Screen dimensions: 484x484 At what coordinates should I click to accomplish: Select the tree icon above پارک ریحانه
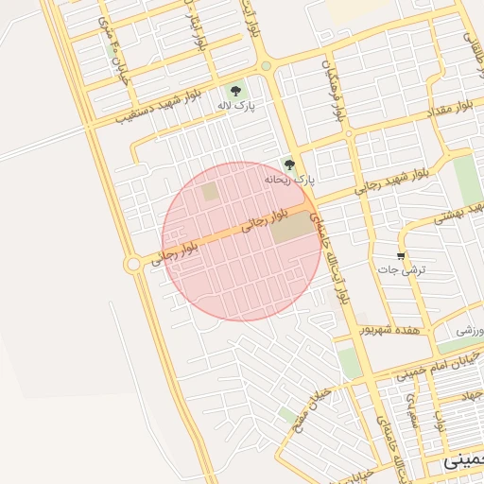pyautogui.click(x=290, y=164)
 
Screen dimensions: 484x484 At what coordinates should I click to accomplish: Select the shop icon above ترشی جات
pyautogui.click(x=402, y=256)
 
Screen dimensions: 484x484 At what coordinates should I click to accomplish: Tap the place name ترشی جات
pyautogui.click(x=409, y=270)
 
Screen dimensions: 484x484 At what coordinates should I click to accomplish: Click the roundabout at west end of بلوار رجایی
pyautogui.click(x=134, y=264)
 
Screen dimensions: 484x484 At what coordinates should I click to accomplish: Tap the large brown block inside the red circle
pyautogui.click(x=291, y=227)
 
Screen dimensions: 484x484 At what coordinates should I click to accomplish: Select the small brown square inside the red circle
pyautogui.click(x=209, y=191)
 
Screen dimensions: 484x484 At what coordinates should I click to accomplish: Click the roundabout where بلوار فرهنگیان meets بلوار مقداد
pyautogui.click(x=349, y=134)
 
